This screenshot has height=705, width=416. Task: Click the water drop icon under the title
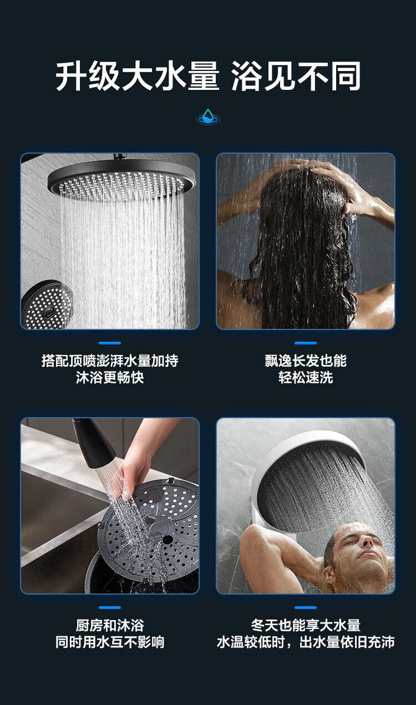tap(208, 116)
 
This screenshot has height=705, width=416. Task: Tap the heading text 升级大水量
tap(137, 76)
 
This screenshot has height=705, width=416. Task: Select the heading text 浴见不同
tap(296, 76)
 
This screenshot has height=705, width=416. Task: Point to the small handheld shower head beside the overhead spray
tap(47, 305)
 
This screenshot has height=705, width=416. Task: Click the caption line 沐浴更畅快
tap(110, 377)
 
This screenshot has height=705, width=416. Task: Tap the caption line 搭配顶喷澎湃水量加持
tap(110, 361)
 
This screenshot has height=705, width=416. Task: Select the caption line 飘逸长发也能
tap(306, 361)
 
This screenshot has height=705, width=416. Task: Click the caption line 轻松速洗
tap(306, 377)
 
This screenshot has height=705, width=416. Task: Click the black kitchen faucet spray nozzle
tap(93, 442)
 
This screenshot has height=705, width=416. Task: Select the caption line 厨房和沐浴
tap(110, 625)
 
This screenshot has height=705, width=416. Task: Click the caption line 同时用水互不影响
tap(110, 642)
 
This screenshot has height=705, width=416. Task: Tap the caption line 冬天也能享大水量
tap(306, 625)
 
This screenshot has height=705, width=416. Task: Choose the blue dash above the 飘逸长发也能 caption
tap(306, 343)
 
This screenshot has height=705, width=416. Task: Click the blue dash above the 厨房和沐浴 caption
tap(110, 607)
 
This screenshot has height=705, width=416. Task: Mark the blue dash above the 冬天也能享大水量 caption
tap(306, 607)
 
